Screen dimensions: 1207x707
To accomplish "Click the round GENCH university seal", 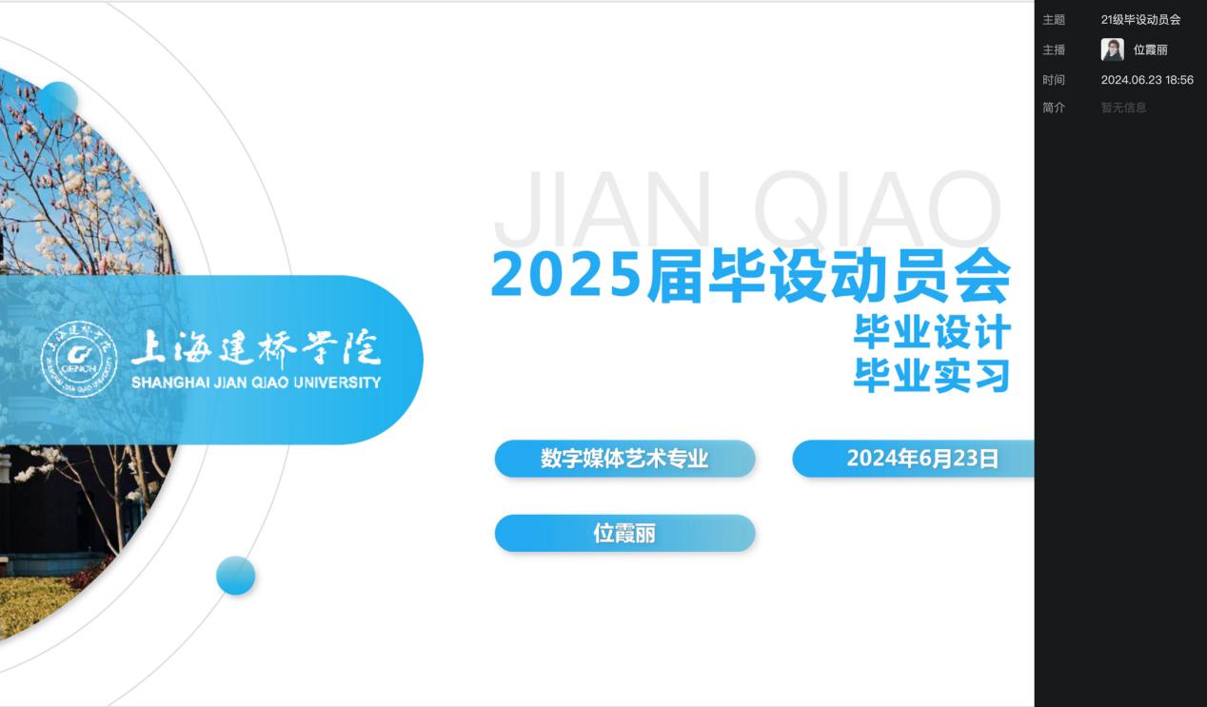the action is tap(79, 360).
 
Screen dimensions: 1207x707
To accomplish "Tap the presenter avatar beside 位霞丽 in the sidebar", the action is tap(1112, 49).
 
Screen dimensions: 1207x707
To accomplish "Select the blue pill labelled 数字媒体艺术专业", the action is tap(625, 459).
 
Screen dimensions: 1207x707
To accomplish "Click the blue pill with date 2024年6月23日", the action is tap(913, 459).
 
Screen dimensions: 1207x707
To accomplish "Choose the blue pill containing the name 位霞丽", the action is tap(625, 534).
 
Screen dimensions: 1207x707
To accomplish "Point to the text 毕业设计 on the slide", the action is tap(932, 332).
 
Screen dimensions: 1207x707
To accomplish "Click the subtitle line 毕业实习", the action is tap(932, 375).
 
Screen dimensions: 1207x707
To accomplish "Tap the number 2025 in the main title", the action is tap(566, 276).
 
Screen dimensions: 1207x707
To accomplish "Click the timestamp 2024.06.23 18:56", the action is tap(1147, 80).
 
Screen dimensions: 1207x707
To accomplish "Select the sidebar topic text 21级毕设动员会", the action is tap(1140, 20).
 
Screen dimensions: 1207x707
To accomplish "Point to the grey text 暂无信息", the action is tap(1123, 108).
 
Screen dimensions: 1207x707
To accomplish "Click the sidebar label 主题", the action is tap(1054, 20).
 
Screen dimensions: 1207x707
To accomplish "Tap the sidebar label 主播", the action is tap(1054, 50).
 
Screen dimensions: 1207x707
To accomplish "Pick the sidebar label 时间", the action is tap(1054, 80).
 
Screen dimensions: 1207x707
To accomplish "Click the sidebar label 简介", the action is tap(1054, 108).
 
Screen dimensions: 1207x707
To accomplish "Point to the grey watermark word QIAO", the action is tap(878, 208).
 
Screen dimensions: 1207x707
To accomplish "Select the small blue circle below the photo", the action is tap(236, 576).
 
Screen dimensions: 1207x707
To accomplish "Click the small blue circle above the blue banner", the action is tap(58, 101).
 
